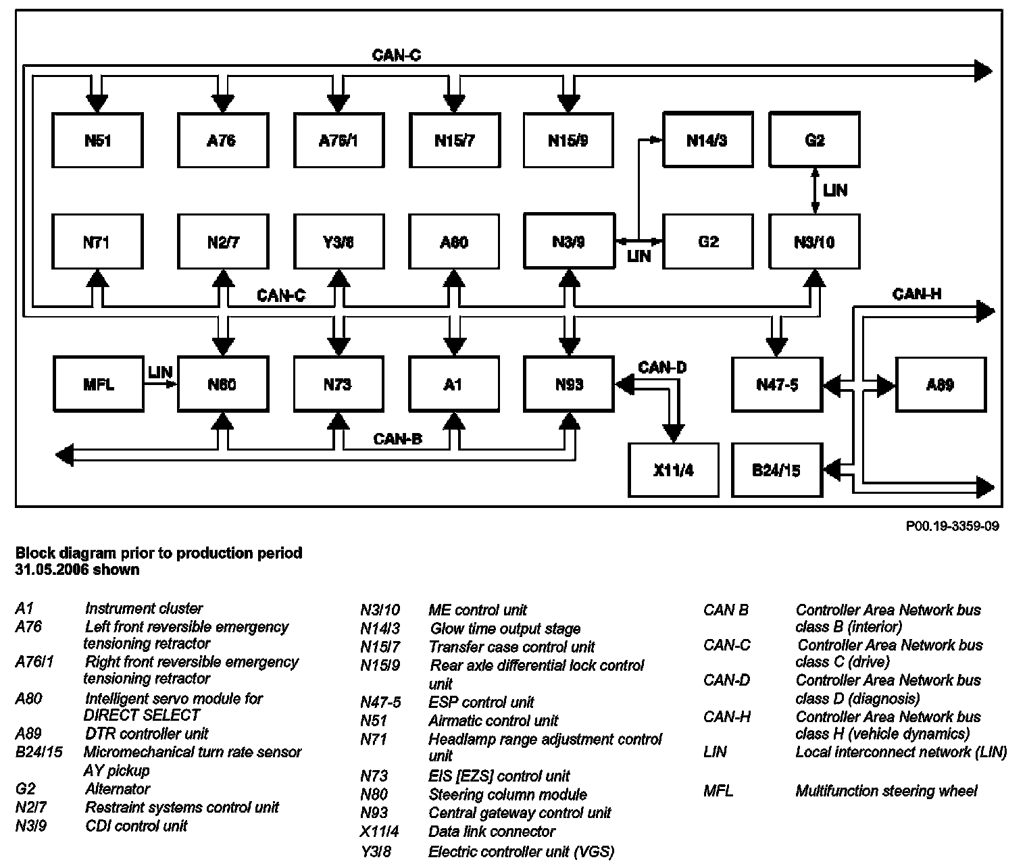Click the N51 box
coord(98,141)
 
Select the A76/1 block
coord(339,141)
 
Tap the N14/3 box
coord(707,140)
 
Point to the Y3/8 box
coord(338,242)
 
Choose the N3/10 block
coord(814,242)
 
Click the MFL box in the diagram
coord(98,384)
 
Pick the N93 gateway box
coord(569,384)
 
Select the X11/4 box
coord(674,470)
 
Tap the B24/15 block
coord(776,470)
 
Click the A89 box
coord(941,384)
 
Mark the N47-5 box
coord(777,384)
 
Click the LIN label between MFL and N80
coord(160,372)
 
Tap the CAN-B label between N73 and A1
coord(398,439)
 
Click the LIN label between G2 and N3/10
coord(835,190)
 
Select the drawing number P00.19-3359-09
coord(952,526)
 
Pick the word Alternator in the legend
coord(118,788)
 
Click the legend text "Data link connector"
coord(491,831)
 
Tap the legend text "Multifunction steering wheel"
coord(886,790)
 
